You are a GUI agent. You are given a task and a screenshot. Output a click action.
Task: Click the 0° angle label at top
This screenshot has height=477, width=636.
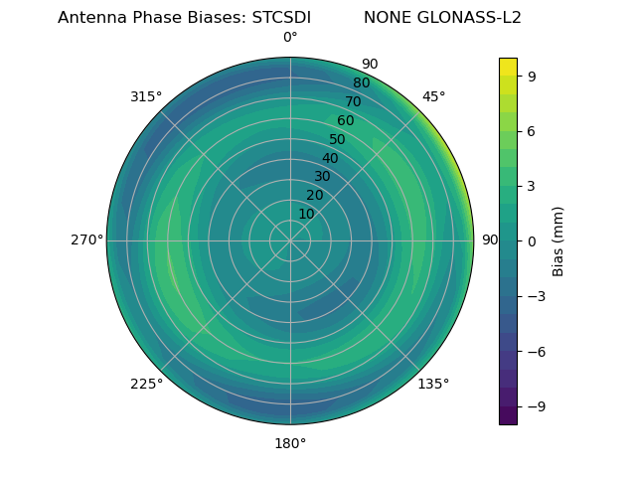tap(290, 38)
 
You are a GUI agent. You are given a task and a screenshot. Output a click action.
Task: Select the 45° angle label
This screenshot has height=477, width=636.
tap(433, 96)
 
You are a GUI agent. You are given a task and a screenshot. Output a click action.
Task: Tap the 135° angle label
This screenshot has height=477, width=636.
tap(433, 384)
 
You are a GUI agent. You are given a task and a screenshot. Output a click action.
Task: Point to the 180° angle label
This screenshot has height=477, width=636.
tap(290, 443)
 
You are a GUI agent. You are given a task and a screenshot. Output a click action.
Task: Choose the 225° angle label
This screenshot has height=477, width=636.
tap(146, 385)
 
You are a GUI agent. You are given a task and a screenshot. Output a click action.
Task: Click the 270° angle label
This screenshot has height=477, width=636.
tap(86, 240)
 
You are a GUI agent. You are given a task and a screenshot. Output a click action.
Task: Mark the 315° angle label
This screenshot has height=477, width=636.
tap(146, 96)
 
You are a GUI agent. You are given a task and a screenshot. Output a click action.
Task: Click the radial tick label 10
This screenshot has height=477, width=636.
tap(306, 214)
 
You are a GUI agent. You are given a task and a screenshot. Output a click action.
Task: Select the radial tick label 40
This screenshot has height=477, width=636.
tap(330, 158)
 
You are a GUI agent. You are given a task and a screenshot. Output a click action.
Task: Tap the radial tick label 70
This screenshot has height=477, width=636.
tap(354, 101)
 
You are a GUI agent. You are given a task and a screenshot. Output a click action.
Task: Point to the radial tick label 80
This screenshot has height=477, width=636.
tap(362, 83)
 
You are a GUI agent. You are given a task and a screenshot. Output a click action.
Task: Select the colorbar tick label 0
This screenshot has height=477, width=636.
tap(532, 241)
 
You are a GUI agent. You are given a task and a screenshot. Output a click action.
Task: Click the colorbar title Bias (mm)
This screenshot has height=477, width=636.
tap(558, 240)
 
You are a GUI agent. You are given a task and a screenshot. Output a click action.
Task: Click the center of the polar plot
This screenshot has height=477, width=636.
tap(290, 240)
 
